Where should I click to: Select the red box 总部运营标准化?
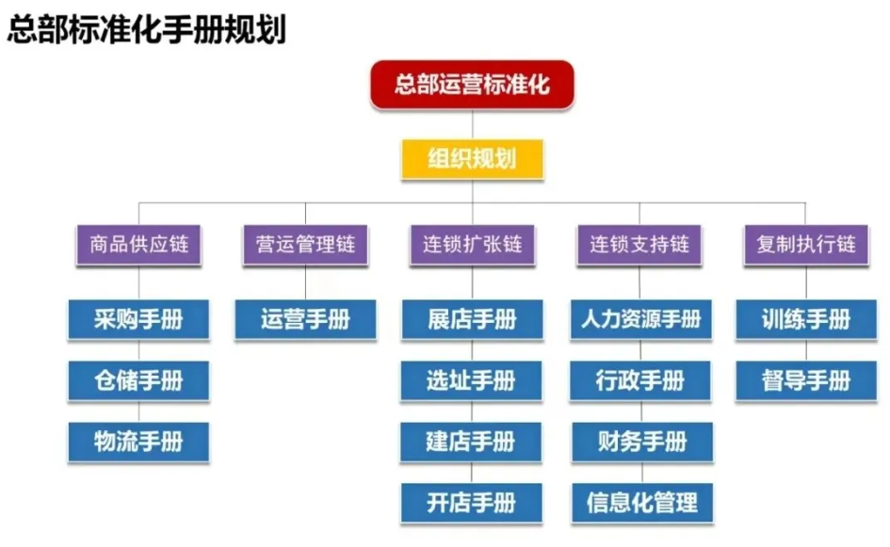[472, 86]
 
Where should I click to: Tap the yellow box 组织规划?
[472, 157]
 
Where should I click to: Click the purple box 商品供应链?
[138, 245]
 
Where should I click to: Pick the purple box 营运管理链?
[305, 245]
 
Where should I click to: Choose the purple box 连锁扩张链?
[471, 245]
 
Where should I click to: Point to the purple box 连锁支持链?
[639, 245]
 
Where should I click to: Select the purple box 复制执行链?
[806, 245]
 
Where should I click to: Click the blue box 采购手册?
[138, 320]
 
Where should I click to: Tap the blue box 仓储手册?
[138, 380]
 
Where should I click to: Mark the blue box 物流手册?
[138, 441]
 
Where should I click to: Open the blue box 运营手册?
[305, 320]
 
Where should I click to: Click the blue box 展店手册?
[471, 320]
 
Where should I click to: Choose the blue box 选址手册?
[471, 380]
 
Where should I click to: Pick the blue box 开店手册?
[471, 503]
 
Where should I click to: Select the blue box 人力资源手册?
[640, 320]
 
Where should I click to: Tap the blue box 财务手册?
[640, 441]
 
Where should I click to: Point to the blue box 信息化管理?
[640, 503]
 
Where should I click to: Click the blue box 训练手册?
[806, 320]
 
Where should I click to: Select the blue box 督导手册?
[806, 380]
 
